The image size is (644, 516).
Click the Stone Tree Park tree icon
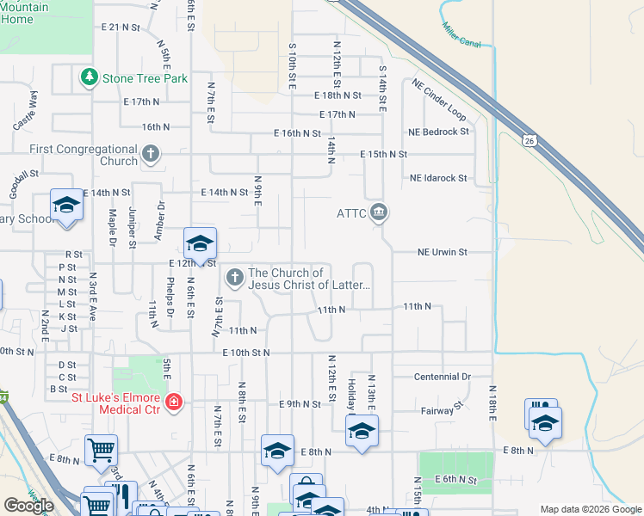89,78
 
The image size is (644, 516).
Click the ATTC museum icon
378,212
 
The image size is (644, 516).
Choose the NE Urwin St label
442,252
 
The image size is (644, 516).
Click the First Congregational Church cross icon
151,155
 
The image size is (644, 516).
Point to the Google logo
28,506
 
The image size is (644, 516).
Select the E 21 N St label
121,28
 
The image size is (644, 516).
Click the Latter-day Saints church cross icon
233,277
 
